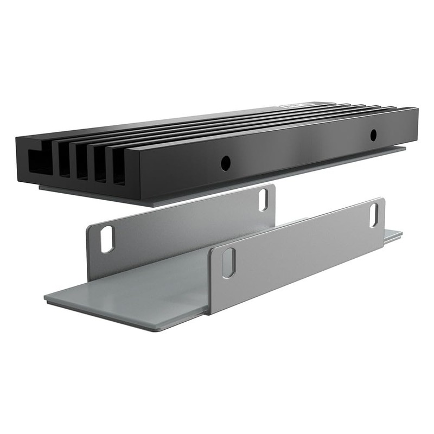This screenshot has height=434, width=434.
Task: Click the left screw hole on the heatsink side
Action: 226,162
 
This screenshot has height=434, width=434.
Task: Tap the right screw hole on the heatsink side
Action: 373,135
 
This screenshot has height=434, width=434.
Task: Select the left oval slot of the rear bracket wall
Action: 107,239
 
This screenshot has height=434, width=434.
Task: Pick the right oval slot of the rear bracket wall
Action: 263,200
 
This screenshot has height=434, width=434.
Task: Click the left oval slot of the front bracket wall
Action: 229,263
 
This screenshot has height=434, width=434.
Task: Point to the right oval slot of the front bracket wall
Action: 374,215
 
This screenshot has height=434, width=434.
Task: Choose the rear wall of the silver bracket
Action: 179,228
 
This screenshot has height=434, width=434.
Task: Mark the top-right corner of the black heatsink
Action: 417,110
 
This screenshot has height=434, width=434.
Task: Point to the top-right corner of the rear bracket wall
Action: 273,186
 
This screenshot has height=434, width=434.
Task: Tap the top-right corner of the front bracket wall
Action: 382,200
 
